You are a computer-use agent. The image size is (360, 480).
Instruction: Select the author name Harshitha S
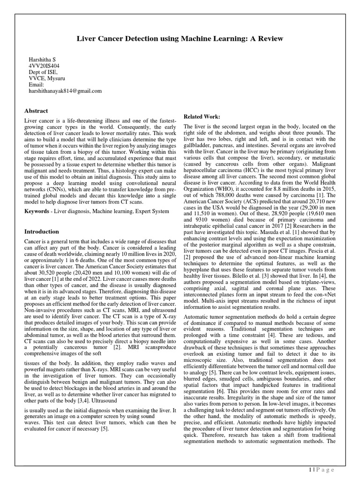click(x=43, y=60)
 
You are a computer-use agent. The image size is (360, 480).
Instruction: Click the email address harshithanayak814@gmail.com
click(x=65, y=91)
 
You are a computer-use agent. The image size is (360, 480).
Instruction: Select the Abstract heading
click(x=36, y=111)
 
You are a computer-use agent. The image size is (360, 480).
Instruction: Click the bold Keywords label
click(x=37, y=212)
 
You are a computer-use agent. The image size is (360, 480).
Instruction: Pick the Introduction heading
click(x=42, y=232)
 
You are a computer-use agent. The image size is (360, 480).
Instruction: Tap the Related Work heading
click(x=202, y=116)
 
